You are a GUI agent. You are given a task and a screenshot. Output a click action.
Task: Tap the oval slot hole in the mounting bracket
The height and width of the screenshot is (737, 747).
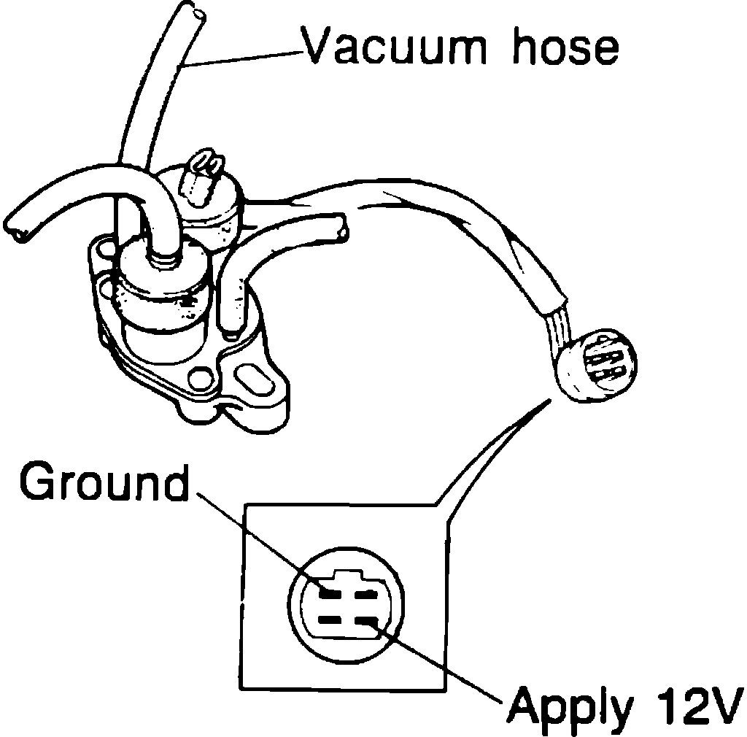click(x=250, y=382)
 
